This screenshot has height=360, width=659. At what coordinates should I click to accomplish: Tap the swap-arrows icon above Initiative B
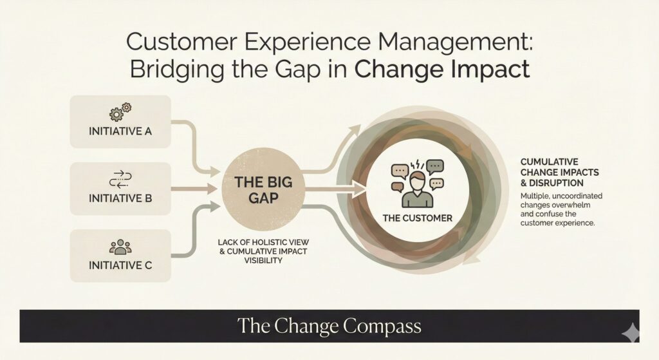(121, 178)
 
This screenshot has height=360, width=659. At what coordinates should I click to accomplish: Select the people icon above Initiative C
(120, 246)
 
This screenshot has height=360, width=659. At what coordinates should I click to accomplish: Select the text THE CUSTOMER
(417, 218)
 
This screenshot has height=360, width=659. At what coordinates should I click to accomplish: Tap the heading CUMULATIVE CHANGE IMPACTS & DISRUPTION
(561, 172)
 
